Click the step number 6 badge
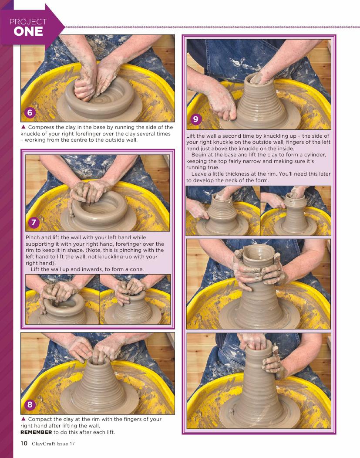pyautogui.click(x=30, y=112)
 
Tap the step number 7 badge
pyautogui.click(x=34, y=223)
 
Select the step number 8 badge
pyautogui.click(x=30, y=404)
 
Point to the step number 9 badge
pyautogui.click(x=196, y=119)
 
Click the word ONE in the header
pyautogui.click(x=28, y=31)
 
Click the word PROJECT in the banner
pyautogui.click(x=28, y=22)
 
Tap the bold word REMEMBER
pyautogui.click(x=36, y=432)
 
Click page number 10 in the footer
pyautogui.click(x=24, y=443)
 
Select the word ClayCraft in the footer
pyautogui.click(x=44, y=444)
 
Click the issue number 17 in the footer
pyautogui.click(x=72, y=444)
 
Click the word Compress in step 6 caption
pyautogui.click(x=41, y=127)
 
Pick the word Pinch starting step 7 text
pyautogui.click(x=33, y=237)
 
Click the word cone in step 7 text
pyautogui.click(x=137, y=269)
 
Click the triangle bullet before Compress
pyautogui.click(x=24, y=127)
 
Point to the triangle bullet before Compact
pyautogui.click(x=24, y=419)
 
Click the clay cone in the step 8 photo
pyautogui.click(x=99, y=386)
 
